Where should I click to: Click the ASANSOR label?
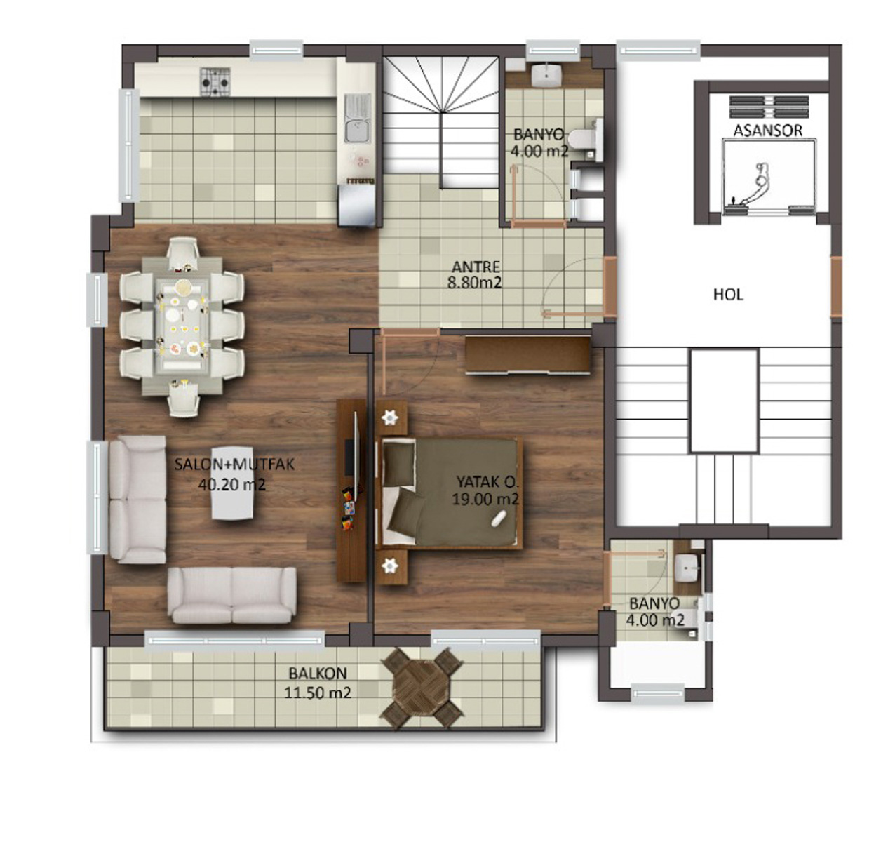(767, 131)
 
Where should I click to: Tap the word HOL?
(728, 295)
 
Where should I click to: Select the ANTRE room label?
(476, 267)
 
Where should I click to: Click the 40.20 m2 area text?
(231, 486)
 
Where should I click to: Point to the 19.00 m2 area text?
(485, 500)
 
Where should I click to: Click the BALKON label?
(318, 674)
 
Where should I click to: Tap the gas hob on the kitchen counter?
(215, 81)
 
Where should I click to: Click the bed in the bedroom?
(450, 493)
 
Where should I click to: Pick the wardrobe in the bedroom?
(527, 354)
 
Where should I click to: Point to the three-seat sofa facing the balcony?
(232, 595)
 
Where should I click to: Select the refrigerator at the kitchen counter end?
(357, 206)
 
